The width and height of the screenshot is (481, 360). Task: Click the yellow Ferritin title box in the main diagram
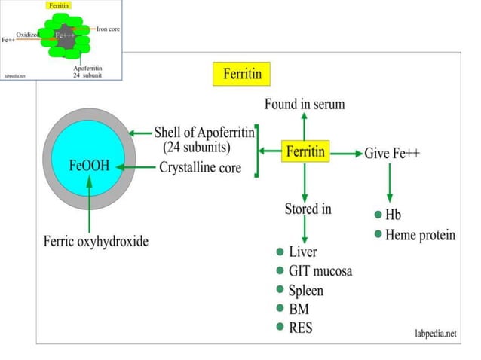click(x=241, y=75)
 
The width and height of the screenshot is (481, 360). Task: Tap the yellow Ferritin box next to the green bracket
click(x=305, y=151)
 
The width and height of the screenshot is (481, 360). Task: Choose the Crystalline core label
click(x=200, y=167)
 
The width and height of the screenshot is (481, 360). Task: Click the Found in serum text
click(x=305, y=104)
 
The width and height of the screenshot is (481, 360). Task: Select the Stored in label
click(x=307, y=208)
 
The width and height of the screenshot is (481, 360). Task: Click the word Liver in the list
click(x=302, y=252)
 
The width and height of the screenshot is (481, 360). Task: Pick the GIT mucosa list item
click(x=320, y=270)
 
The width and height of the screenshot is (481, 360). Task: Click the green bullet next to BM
click(x=280, y=309)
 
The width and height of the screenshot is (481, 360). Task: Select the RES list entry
click(x=301, y=328)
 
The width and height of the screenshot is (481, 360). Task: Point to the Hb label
click(x=393, y=215)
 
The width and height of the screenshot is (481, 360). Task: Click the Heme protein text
click(x=420, y=234)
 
